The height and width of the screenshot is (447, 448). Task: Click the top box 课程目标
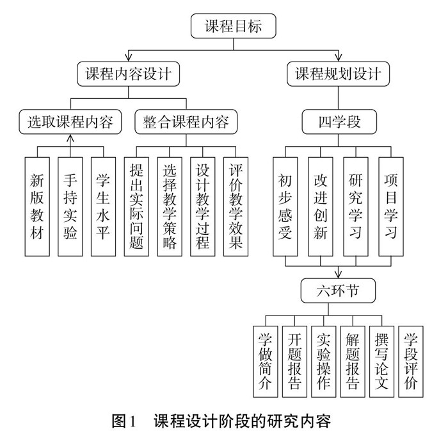pos(232,28)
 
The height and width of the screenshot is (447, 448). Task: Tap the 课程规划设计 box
pos(338,74)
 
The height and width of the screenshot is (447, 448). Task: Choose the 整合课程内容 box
pos(186,122)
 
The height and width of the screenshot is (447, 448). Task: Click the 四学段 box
pos(339,122)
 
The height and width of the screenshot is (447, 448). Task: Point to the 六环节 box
pos(339,291)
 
